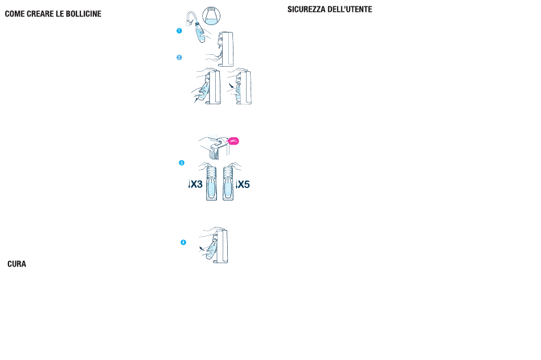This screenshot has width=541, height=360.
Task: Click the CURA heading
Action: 17,264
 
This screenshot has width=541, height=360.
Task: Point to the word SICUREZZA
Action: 306,10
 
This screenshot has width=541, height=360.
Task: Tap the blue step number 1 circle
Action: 179,31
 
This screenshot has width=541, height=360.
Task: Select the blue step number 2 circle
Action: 179,57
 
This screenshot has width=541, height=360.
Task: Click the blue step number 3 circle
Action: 182,163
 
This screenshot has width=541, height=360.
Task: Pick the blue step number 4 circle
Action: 183,243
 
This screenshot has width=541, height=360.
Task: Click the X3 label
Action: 197,184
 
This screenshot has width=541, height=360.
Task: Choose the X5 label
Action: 244,184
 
